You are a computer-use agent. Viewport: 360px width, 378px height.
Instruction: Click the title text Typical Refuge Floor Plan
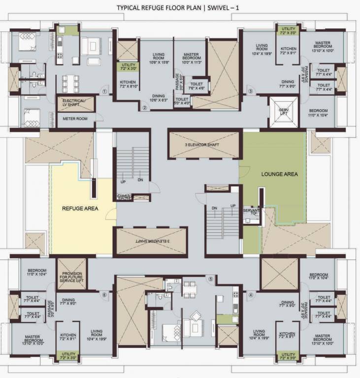click(180, 8)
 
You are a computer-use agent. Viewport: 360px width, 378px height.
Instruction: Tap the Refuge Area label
click(80, 209)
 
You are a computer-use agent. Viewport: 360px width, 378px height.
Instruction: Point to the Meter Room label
click(74, 119)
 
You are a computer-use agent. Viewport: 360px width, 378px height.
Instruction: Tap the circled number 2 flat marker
click(145, 108)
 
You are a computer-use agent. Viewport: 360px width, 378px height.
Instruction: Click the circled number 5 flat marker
click(210, 279)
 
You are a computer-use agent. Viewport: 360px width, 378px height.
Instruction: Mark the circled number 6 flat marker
click(104, 295)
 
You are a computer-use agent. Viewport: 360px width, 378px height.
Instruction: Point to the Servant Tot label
click(251, 213)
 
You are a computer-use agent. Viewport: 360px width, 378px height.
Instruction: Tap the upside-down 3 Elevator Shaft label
click(151, 242)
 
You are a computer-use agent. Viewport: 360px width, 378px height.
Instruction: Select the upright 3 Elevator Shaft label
click(205, 145)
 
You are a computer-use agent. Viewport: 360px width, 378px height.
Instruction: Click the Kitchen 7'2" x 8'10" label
click(128, 85)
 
